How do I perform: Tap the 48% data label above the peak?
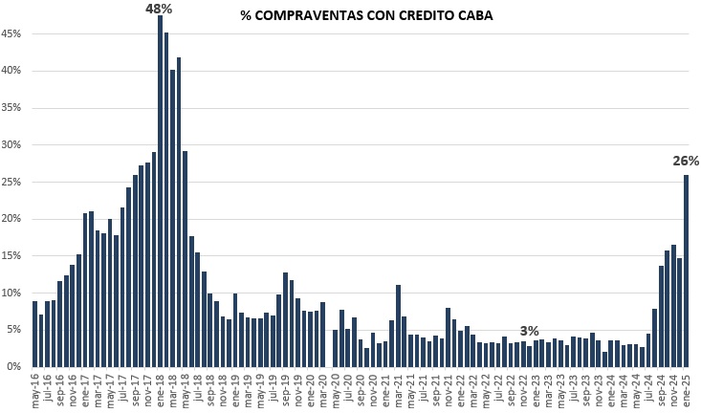[x=159, y=9]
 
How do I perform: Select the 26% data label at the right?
[x=686, y=162]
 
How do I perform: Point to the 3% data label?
[x=529, y=331]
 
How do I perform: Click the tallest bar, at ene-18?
[x=160, y=191]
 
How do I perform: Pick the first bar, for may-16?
[x=35, y=334]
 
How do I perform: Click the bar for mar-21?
[x=397, y=326]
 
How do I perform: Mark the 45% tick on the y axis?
[x=12, y=34]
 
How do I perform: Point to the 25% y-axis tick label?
[x=12, y=183]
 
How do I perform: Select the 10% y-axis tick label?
[x=12, y=293]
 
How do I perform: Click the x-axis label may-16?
[x=36, y=390]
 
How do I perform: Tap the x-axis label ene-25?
[x=687, y=390]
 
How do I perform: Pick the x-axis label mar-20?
[x=322, y=390]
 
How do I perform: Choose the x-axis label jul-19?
[x=273, y=390]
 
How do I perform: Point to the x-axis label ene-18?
[x=161, y=390]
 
